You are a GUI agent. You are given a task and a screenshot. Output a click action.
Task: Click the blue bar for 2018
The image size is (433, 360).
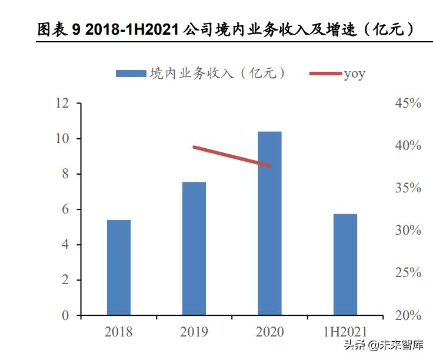pos(119,268)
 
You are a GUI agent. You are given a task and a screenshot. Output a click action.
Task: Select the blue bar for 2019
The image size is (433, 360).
pos(194,248)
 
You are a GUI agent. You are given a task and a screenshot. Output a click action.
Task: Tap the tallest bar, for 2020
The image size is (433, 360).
pos(269,224)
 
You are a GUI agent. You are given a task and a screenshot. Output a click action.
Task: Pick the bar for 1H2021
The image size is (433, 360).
pos(345,265)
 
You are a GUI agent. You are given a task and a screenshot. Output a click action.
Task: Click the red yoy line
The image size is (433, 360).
pos(232,156)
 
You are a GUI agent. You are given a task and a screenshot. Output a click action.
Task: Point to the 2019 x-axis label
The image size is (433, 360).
pos(194,332)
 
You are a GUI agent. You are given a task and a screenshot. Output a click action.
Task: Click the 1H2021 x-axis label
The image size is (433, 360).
pos(345,332)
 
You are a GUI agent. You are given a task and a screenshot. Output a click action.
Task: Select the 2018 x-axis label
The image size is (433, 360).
pos(119,332)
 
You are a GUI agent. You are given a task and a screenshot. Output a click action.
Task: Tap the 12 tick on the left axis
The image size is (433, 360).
pos(62,104)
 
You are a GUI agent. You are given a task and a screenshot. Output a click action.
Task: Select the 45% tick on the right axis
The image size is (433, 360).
pos(408,104)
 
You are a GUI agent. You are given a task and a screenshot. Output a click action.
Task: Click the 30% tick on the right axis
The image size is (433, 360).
pos(408,231)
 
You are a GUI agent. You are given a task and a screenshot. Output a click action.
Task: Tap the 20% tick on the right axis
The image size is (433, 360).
pos(408,316)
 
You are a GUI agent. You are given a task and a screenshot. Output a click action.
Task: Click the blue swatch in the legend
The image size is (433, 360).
pos(131,74)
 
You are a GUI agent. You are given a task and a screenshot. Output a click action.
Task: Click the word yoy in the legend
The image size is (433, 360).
pos(355,74)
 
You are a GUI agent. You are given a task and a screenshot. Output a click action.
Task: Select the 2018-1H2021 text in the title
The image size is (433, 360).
pos(132,30)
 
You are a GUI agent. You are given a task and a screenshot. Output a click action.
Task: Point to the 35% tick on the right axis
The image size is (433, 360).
pos(408,188)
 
